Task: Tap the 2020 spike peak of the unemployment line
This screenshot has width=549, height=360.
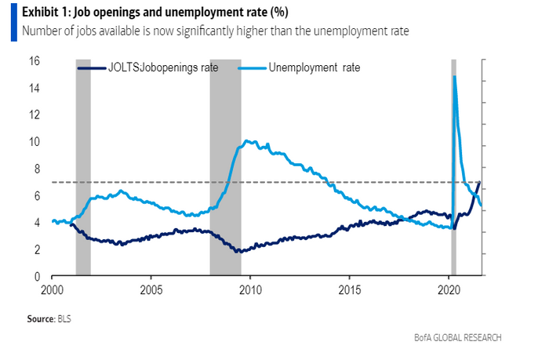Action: (x=455, y=76)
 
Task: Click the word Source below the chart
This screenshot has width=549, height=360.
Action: (x=40, y=319)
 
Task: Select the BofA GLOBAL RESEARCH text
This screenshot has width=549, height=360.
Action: (x=459, y=337)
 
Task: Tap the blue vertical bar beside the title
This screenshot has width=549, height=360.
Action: (x=14, y=22)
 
